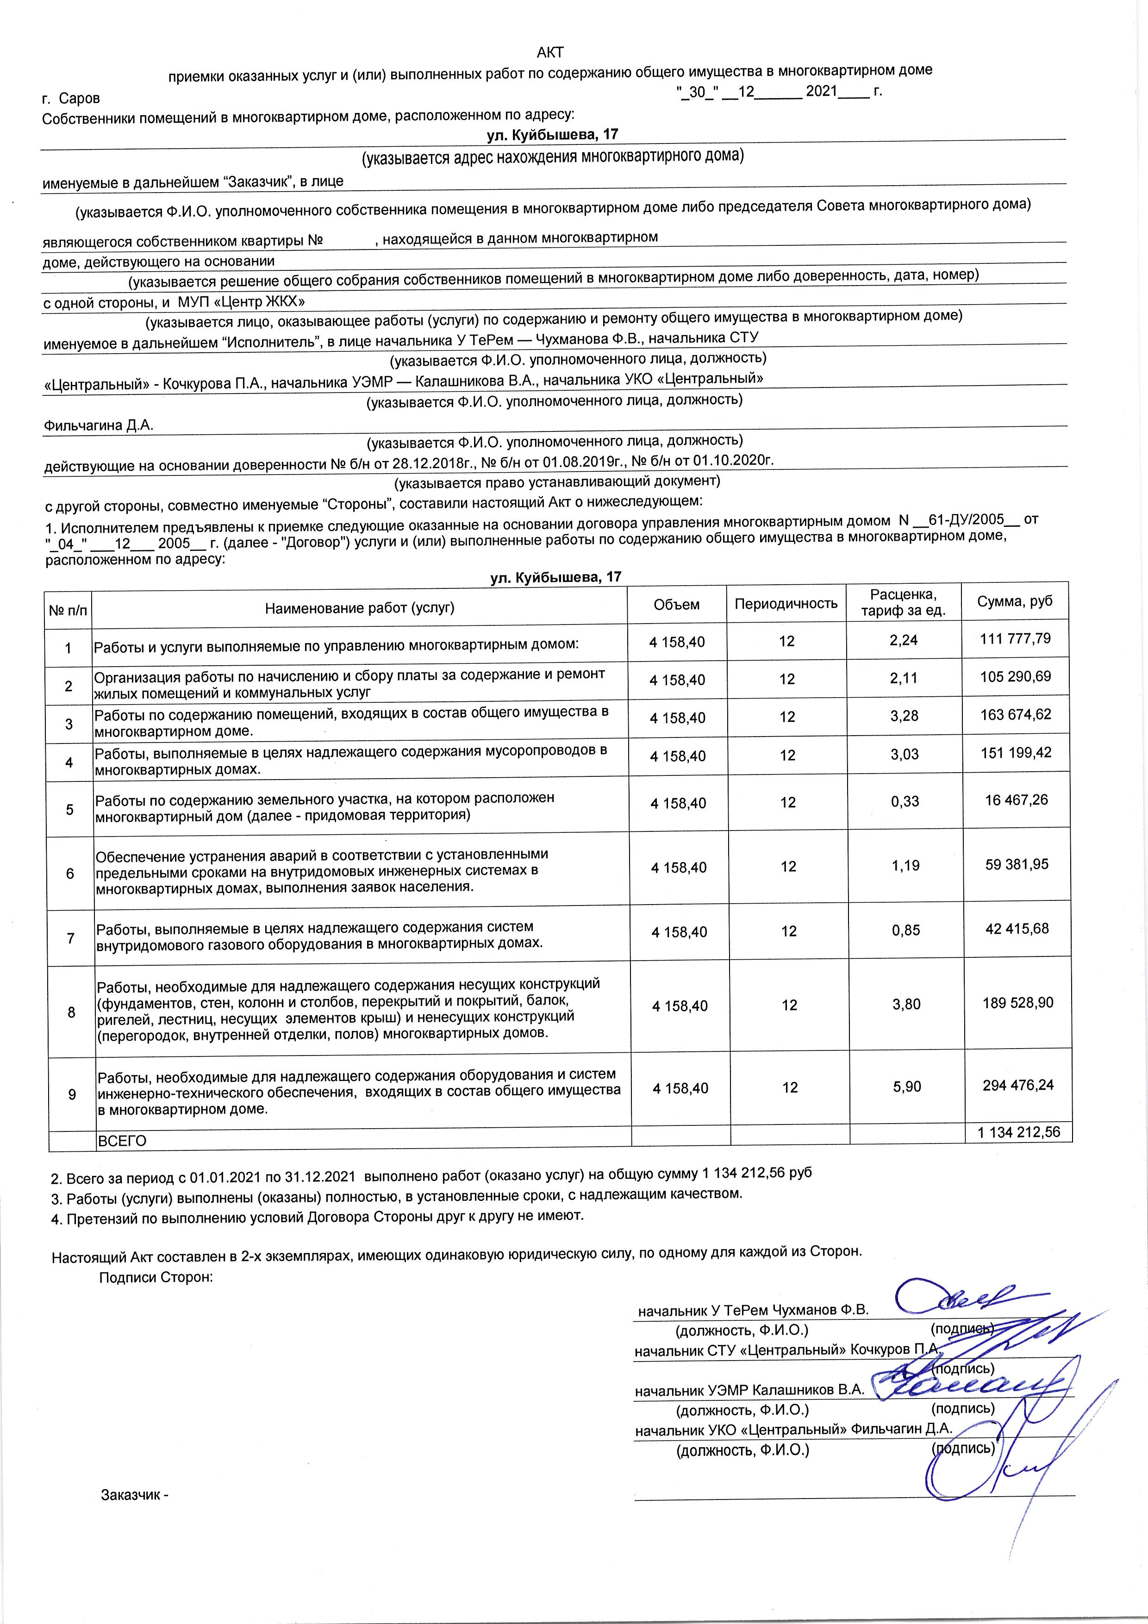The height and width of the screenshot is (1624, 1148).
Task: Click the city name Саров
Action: pos(79,98)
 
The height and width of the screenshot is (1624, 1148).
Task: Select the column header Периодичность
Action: pos(786,603)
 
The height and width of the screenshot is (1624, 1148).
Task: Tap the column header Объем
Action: pos(676,604)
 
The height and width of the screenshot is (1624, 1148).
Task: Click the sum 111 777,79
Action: pos(1016,639)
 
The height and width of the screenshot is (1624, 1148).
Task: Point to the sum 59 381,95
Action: pos(1017,864)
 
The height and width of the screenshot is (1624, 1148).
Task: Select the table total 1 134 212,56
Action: pos(1018,1132)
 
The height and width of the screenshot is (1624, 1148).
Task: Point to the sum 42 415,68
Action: pos(1017,929)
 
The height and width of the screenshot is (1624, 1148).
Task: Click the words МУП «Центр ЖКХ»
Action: pos(241,302)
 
